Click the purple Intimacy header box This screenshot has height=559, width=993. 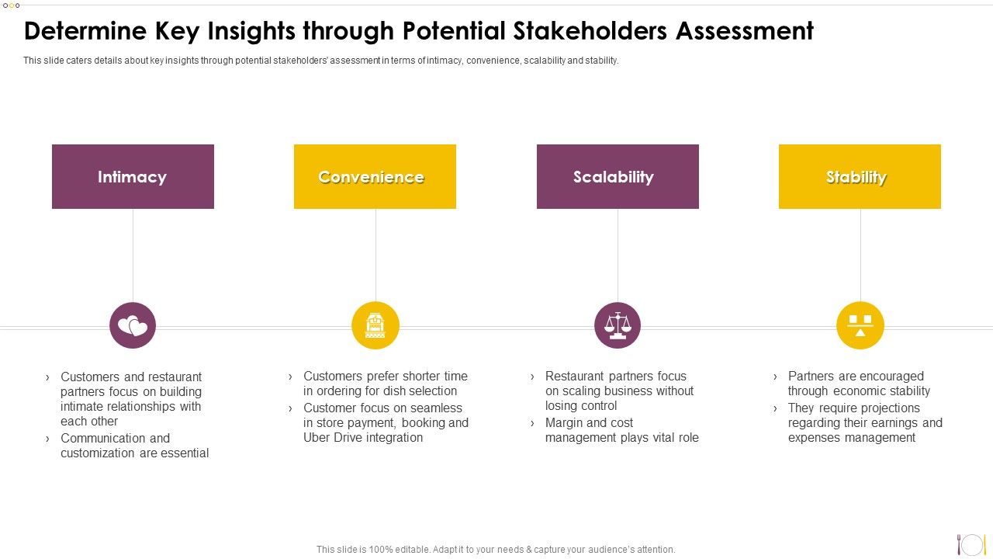(133, 177)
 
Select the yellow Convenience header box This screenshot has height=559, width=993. (375, 177)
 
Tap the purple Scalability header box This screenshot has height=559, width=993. (618, 177)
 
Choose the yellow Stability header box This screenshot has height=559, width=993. (860, 177)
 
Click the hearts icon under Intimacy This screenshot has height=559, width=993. (133, 326)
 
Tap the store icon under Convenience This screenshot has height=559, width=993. (375, 326)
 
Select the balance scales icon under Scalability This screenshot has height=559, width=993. (618, 326)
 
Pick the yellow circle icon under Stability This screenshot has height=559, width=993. (860, 326)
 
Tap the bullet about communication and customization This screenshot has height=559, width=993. (134, 446)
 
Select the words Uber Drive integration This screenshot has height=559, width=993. (363, 438)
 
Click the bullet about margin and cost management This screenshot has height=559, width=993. (621, 430)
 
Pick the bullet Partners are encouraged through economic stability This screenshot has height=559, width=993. (858, 384)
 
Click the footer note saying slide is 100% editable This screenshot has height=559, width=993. (496, 550)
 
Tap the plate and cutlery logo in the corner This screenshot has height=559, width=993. (971, 544)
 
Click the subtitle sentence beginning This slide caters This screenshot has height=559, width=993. (320, 61)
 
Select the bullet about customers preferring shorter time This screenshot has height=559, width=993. (385, 384)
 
